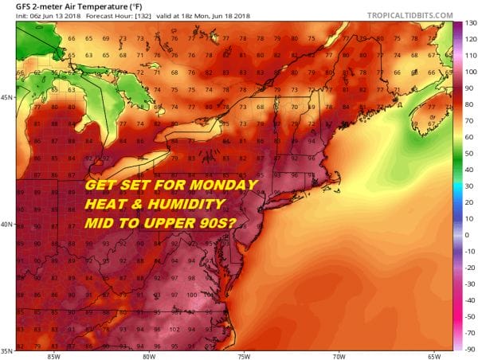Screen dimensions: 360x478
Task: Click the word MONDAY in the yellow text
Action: pyautogui.click(x=225, y=186)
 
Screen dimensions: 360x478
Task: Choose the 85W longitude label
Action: pyautogui.click(x=53, y=355)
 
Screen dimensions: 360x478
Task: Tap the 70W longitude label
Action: pyautogui.click(x=339, y=355)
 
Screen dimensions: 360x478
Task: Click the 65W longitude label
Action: pyautogui.click(x=434, y=355)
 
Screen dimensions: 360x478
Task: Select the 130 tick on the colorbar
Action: pyautogui.click(x=469, y=23)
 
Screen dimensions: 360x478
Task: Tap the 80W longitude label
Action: pyautogui.click(x=148, y=355)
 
